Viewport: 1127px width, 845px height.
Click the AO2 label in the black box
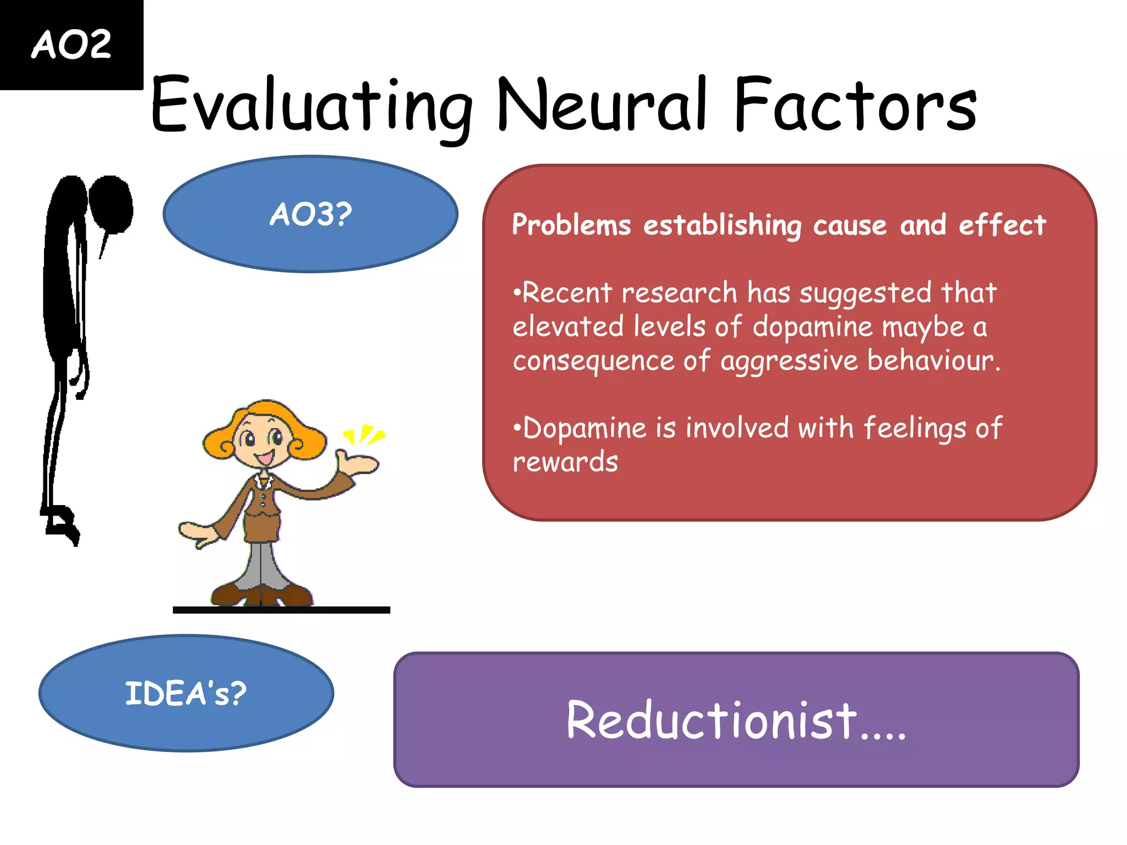pyautogui.click(x=72, y=45)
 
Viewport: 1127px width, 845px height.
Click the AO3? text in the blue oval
pyautogui.click(x=311, y=214)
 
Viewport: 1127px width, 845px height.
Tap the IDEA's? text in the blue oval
pyautogui.click(x=186, y=693)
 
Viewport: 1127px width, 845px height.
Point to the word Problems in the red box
pyautogui.click(x=571, y=225)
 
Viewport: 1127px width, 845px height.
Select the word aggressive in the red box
pyautogui.click(x=789, y=361)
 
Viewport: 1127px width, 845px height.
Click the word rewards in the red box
pyautogui.click(x=565, y=462)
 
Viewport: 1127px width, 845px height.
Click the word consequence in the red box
pyautogui.click(x=593, y=361)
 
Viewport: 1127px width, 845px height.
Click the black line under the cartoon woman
pyautogui.click(x=281, y=610)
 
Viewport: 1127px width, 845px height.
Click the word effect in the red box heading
pyautogui.click(x=1002, y=225)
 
